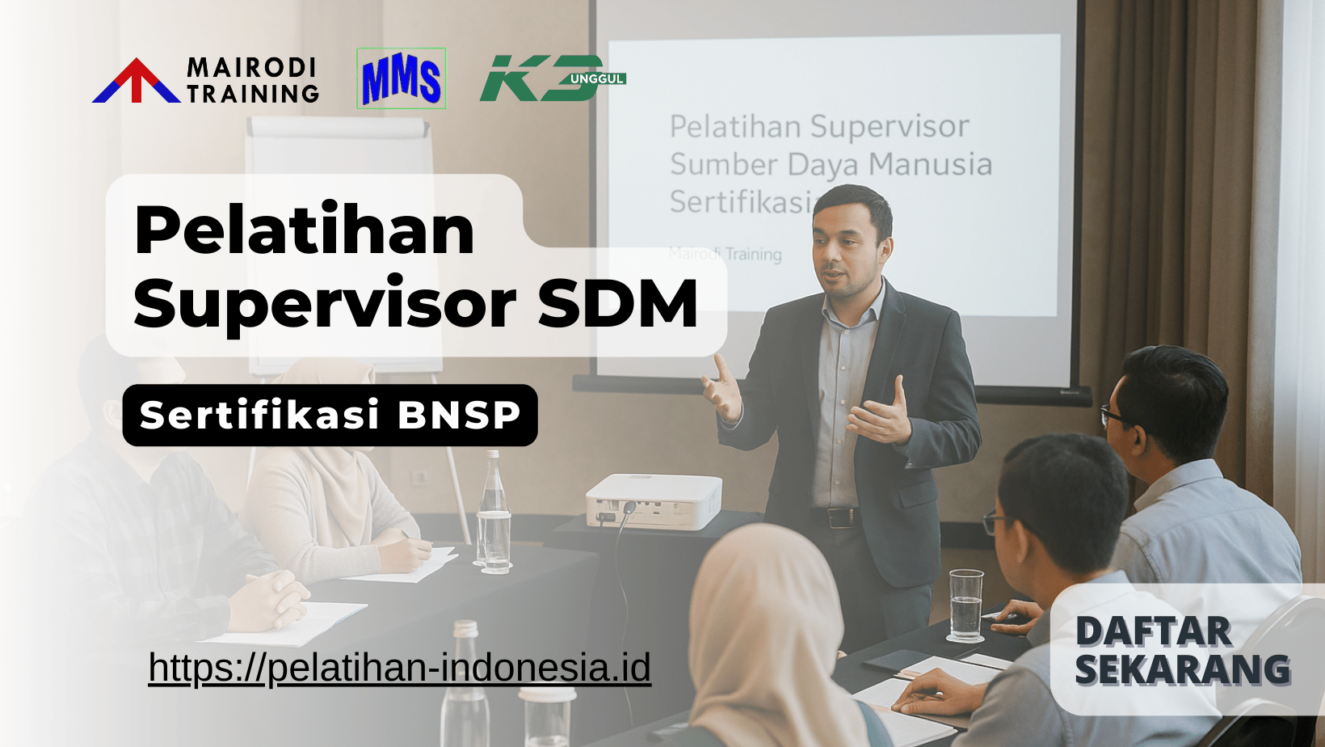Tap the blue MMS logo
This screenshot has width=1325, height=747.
[401, 79]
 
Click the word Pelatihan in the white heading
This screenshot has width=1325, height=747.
[304, 230]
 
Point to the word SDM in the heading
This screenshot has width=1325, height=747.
[617, 303]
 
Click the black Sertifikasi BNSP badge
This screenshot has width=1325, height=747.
[330, 415]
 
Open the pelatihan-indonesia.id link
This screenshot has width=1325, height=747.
[399, 668]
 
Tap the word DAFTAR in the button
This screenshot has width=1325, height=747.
[1153, 632]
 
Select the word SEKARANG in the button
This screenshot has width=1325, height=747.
[1182, 669]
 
